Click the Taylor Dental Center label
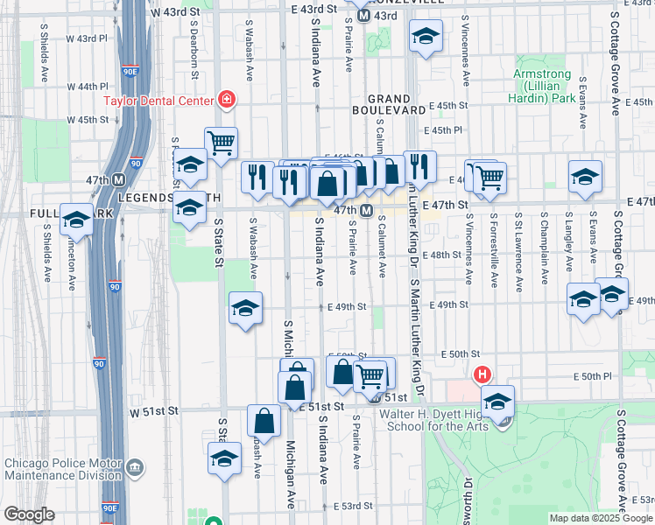tap(158, 100)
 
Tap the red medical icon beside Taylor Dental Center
tap(228, 100)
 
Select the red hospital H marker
tap(481, 376)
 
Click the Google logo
tap(29, 514)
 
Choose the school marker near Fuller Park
tap(76, 219)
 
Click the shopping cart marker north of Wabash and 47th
tap(221, 142)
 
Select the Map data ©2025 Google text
tap(600, 518)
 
